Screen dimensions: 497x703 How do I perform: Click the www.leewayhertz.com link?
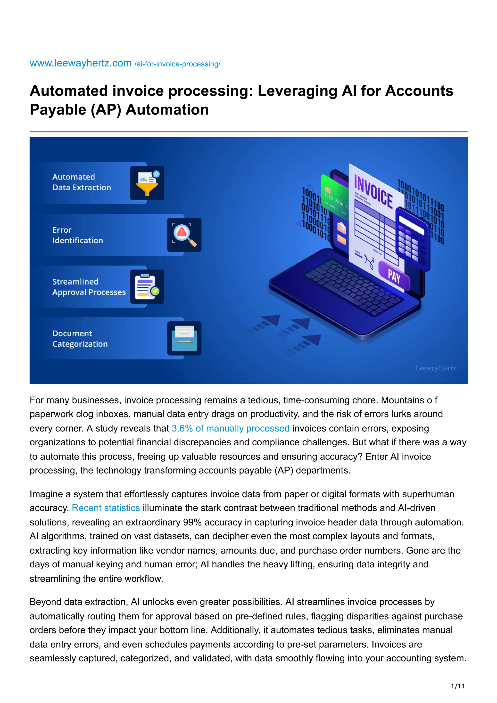[x=81, y=63]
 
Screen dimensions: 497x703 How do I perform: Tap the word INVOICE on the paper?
[x=373, y=192]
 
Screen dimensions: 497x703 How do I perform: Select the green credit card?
[x=334, y=196]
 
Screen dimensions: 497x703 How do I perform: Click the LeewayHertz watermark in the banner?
[x=435, y=368]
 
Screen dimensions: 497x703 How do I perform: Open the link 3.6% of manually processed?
[x=230, y=428]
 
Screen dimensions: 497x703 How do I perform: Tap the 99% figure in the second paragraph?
[x=192, y=522]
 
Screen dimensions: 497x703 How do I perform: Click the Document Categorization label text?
[x=80, y=339]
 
